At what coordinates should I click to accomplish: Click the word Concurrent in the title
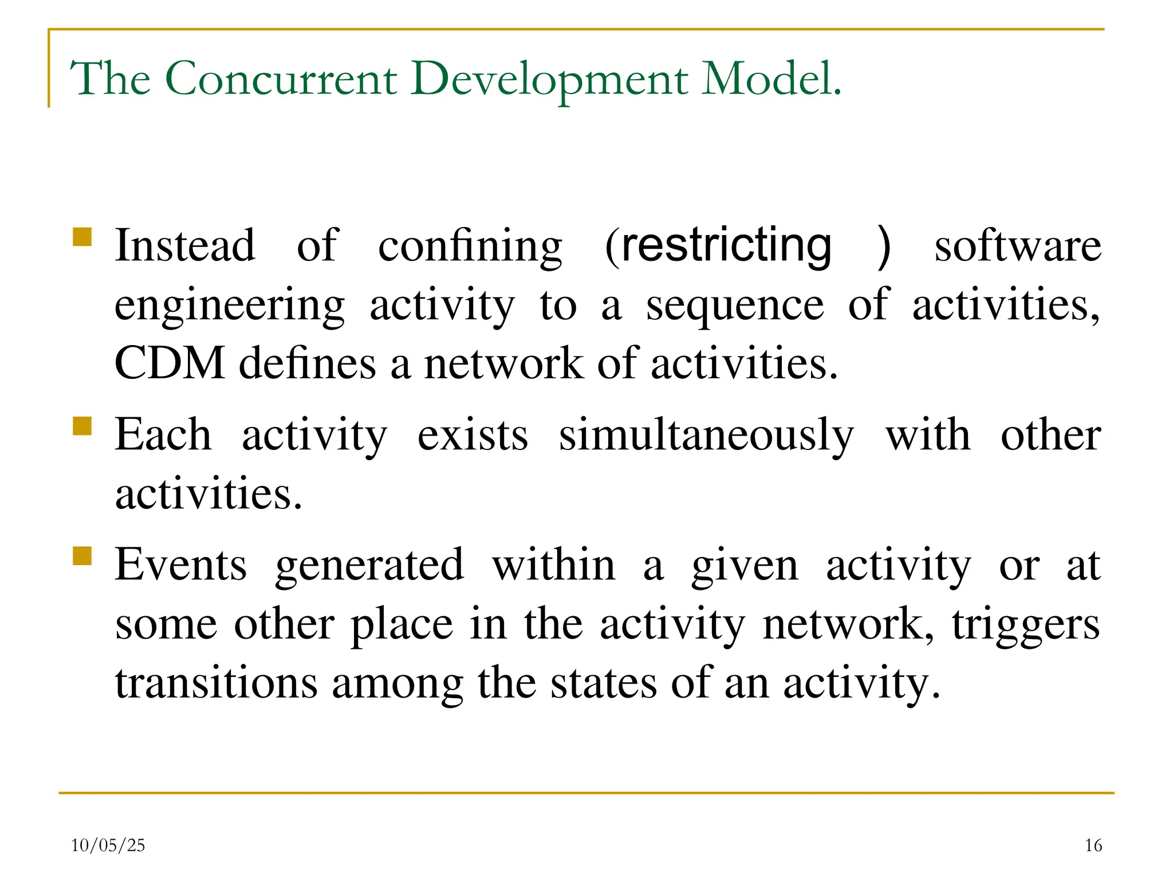[x=281, y=79]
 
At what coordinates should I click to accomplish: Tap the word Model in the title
[x=767, y=79]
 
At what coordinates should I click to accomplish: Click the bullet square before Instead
[x=82, y=237]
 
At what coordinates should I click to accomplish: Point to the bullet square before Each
[x=82, y=426]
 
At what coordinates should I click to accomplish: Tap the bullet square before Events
[x=82, y=556]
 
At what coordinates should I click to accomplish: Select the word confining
[x=470, y=246]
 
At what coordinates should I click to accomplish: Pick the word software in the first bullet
[x=1018, y=246]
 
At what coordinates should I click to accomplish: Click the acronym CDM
[x=170, y=363]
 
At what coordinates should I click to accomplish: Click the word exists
[x=473, y=436]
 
